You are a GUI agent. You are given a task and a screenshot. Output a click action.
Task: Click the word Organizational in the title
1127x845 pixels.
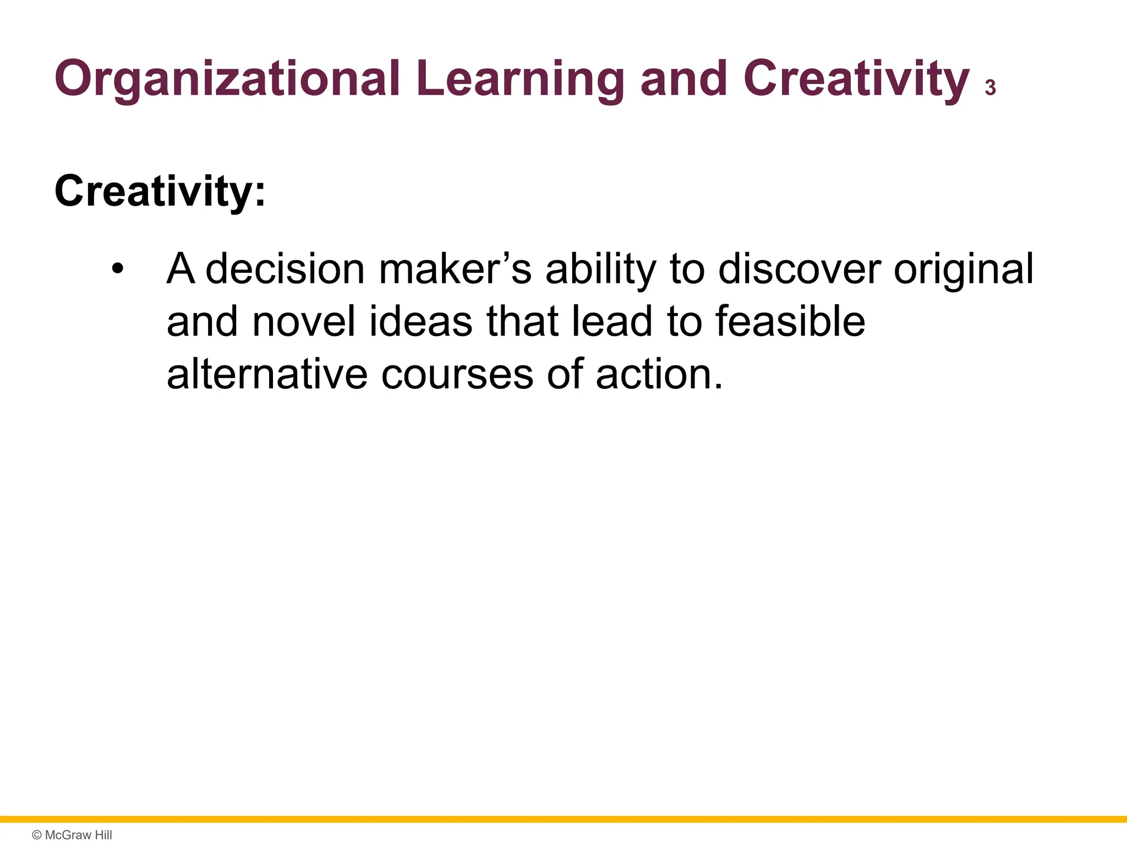coord(226,80)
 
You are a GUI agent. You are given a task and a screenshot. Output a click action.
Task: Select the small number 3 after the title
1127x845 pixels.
coord(990,88)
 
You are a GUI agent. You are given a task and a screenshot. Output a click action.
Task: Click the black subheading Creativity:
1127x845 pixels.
coord(160,191)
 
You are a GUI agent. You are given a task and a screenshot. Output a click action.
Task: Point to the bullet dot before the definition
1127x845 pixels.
coord(117,270)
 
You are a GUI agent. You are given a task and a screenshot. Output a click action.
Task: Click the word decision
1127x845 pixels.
coord(285,270)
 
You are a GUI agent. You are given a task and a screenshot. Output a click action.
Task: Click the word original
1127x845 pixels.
coord(963,270)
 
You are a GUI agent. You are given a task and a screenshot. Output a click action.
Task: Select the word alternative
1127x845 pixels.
coord(267,375)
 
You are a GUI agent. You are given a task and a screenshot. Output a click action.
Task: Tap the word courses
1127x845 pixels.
coord(457,375)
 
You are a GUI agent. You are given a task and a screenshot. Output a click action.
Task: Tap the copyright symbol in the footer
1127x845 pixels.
coord(37,835)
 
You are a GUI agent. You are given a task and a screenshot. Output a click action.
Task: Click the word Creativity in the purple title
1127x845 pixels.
coord(856,80)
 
